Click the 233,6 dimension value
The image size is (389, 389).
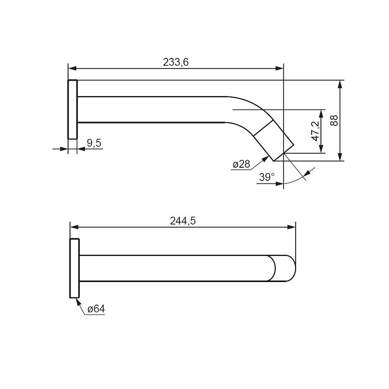pyautogui.click(x=176, y=62)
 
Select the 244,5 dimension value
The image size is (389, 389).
pyautogui.click(x=183, y=221)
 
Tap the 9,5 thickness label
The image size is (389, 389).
pyautogui.click(x=94, y=143)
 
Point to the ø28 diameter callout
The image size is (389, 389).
pyautogui.click(x=241, y=164)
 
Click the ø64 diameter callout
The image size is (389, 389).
pyautogui.click(x=96, y=309)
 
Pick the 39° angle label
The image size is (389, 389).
pyautogui.click(x=266, y=177)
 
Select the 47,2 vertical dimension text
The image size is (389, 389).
pyautogui.click(x=316, y=131)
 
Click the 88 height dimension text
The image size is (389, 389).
pyautogui.click(x=334, y=120)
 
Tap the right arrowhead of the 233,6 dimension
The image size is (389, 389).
pyautogui.click(x=280, y=69)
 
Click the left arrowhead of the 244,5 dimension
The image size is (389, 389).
pyautogui.click(x=74, y=227)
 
